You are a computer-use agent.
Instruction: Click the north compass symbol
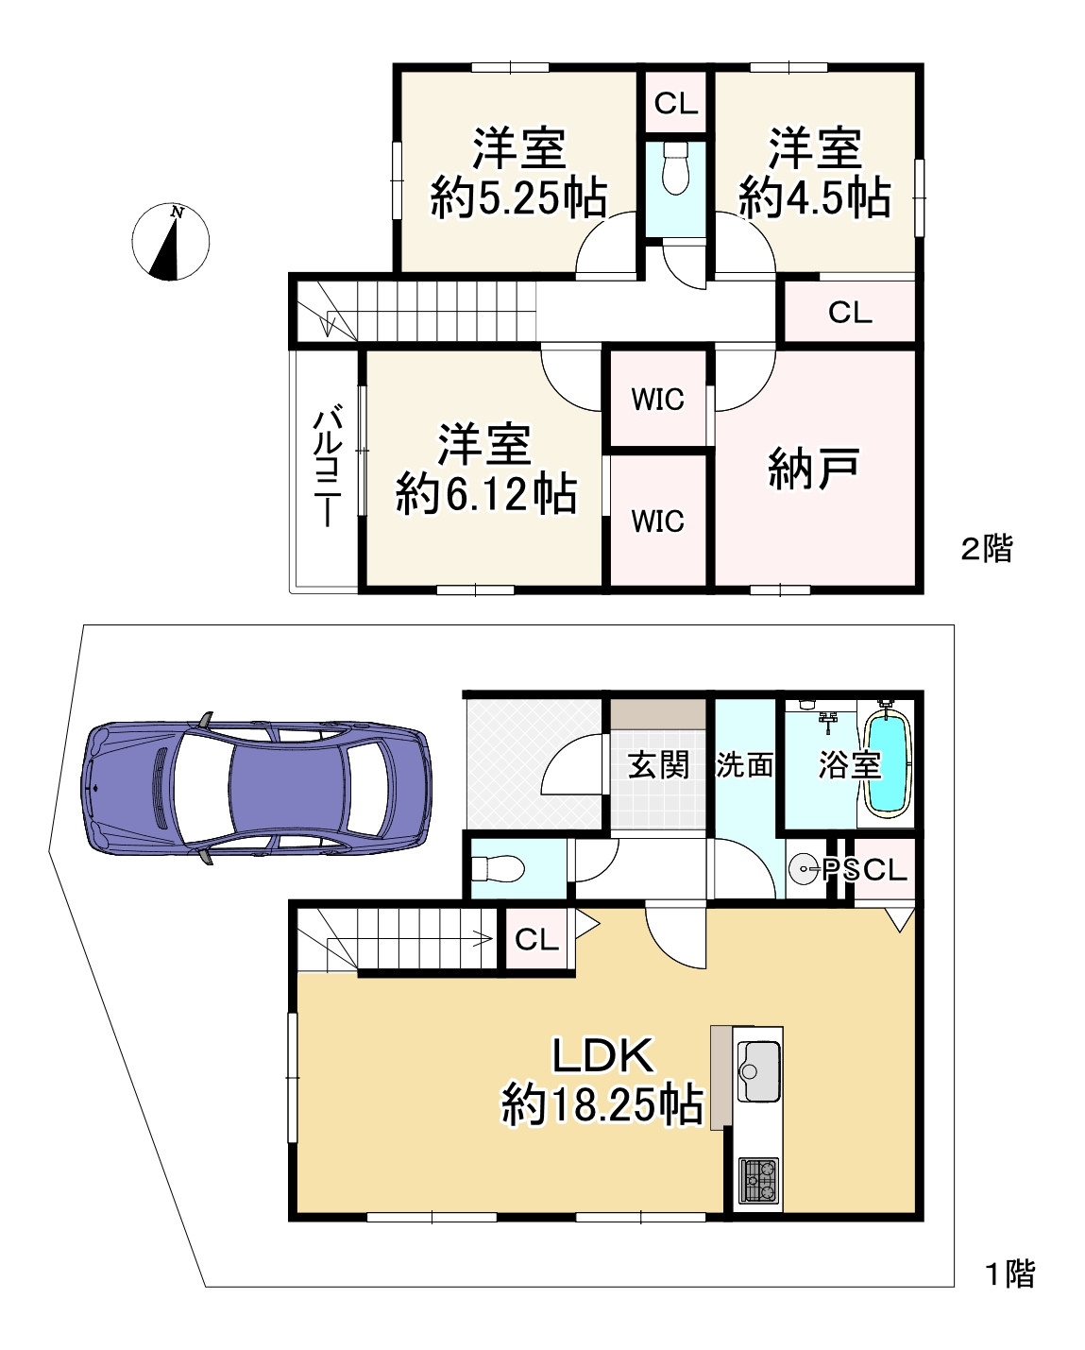coord(171,242)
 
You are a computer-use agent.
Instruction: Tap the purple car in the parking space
coord(256,788)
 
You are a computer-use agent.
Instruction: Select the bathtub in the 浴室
coord(887,766)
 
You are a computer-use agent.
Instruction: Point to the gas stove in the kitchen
coord(759,1181)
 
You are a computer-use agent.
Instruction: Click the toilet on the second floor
coord(675,168)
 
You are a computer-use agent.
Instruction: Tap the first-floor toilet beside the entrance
coord(498,869)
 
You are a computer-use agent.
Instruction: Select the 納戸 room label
coord(813,469)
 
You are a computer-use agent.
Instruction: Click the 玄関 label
coord(658,764)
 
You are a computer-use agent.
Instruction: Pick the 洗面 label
coord(744,764)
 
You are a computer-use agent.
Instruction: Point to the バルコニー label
coord(328,466)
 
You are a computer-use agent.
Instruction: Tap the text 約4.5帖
coord(815,198)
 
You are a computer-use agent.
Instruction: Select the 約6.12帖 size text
coord(486,494)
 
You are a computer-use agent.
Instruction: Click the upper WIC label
coord(658,400)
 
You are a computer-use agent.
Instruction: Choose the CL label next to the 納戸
coord(850,312)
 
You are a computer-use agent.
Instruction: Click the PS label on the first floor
coord(841,869)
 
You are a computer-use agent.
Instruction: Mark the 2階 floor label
coord(987,548)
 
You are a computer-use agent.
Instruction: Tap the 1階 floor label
coord(1010,1274)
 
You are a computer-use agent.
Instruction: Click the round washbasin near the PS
coord(804,869)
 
